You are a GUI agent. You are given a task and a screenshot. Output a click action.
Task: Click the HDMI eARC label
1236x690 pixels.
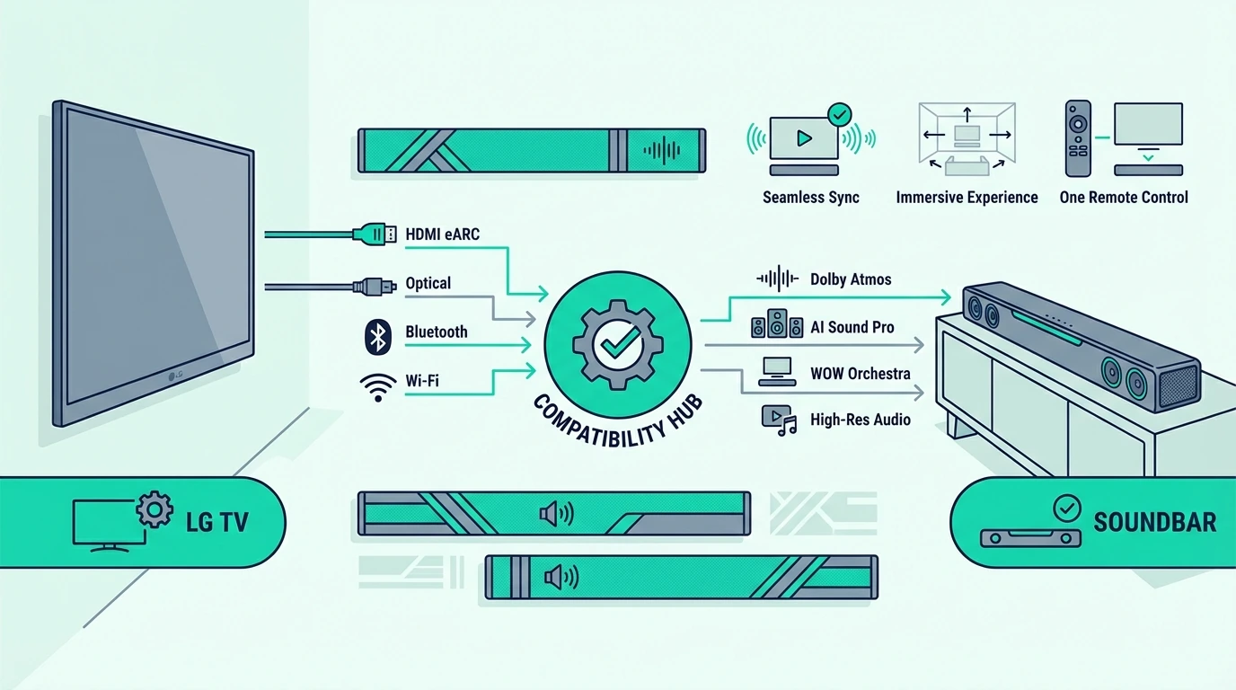[x=443, y=234]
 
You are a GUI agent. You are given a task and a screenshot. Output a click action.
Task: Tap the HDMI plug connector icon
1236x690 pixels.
[x=375, y=234]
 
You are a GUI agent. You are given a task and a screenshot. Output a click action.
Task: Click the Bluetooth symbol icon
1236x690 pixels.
[x=378, y=337]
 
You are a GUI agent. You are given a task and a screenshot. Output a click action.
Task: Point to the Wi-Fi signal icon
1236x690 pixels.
[x=378, y=387]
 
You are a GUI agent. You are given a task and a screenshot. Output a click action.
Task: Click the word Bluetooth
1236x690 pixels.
[x=437, y=332]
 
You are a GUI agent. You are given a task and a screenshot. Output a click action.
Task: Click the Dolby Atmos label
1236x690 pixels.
[x=851, y=279]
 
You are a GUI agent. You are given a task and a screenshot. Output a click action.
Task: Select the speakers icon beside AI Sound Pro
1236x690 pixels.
[x=777, y=323]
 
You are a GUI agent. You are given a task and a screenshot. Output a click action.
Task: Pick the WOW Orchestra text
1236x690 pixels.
[x=861, y=374]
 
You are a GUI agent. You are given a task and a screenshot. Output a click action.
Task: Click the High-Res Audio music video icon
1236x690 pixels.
[x=779, y=420]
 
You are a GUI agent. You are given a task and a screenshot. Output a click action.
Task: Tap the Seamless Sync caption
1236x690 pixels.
[x=810, y=197]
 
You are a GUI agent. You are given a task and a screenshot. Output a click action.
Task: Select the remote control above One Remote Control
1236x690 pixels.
[x=1078, y=138]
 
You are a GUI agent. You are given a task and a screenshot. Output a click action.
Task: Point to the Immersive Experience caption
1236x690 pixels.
[x=967, y=197]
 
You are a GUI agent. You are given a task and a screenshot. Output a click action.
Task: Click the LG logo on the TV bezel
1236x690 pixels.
[x=175, y=376]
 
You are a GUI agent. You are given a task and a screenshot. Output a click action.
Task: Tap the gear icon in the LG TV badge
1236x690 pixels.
[x=154, y=509]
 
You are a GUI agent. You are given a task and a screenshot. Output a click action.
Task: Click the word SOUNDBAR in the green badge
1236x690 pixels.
[x=1155, y=522]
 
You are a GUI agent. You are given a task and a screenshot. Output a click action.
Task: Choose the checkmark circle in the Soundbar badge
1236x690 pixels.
[x=1066, y=508]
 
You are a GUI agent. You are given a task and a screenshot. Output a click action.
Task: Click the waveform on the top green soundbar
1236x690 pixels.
[x=662, y=150]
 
